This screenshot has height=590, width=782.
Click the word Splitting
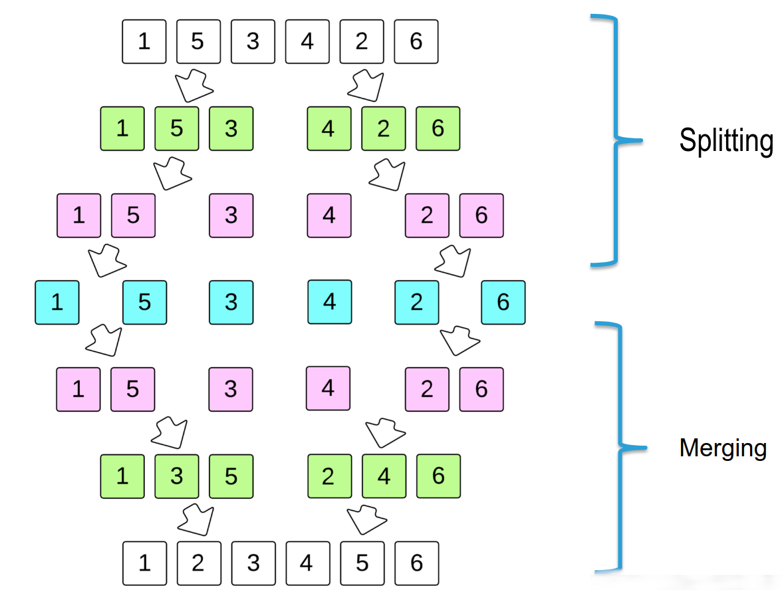click(726, 141)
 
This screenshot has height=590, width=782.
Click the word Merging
click(723, 448)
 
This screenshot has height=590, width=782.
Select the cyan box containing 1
click(57, 302)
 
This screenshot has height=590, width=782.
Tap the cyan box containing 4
click(329, 301)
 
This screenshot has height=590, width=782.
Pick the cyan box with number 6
click(503, 302)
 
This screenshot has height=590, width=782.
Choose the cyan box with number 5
click(144, 302)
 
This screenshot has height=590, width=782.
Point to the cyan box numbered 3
click(231, 302)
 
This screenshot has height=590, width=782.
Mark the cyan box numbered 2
click(416, 302)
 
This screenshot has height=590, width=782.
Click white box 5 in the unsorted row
click(197, 41)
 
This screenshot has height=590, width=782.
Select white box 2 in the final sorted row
click(197, 563)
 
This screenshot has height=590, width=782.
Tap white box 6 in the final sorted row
click(416, 563)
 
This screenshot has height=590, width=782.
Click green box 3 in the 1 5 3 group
click(231, 128)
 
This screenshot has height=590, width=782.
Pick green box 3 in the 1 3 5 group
click(176, 476)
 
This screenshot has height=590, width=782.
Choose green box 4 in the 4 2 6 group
click(328, 128)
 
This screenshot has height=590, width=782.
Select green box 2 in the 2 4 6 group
click(328, 476)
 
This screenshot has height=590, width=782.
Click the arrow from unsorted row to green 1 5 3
click(194, 84)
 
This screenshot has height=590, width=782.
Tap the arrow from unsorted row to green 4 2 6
click(366, 84)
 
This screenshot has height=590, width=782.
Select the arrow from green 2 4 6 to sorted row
click(365, 519)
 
